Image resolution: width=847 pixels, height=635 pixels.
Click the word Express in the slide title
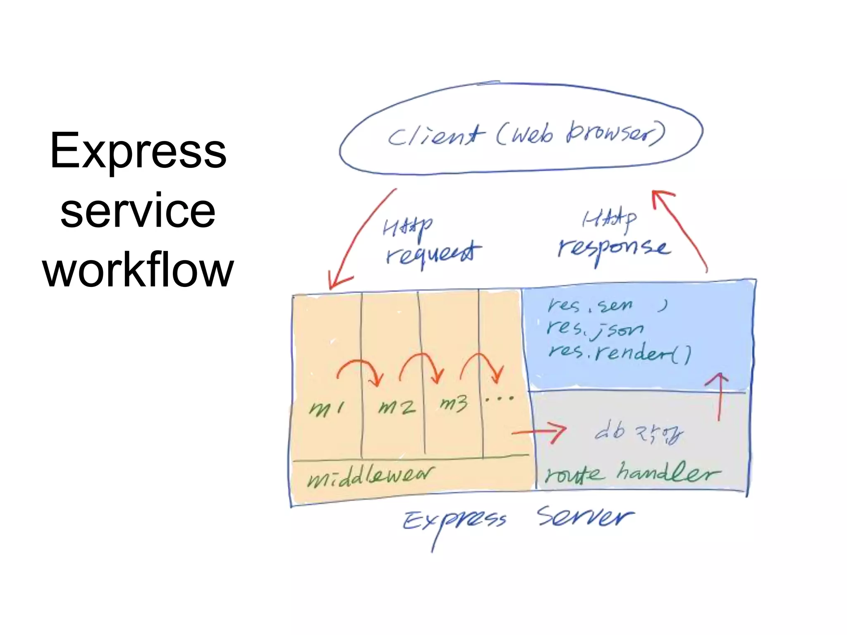click(x=138, y=151)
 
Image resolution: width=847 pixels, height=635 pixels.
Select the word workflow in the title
click(x=138, y=270)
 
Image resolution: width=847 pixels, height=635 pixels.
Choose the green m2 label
click(x=396, y=407)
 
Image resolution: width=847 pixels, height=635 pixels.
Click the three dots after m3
click(x=500, y=399)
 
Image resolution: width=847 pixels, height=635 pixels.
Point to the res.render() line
click(x=619, y=353)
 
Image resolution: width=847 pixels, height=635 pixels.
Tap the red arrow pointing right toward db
click(x=540, y=432)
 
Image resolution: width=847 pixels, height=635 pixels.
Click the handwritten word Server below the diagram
click(x=585, y=517)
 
